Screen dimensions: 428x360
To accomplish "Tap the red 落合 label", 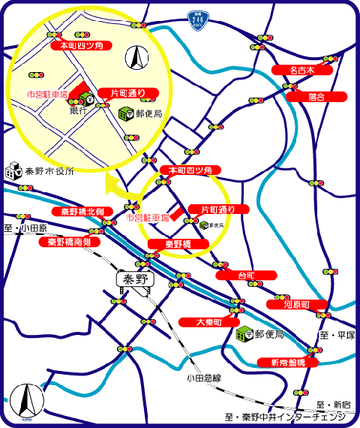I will click(316, 97).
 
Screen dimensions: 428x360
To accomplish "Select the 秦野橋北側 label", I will click(82, 212).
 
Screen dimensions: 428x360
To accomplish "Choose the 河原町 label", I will click(296, 305).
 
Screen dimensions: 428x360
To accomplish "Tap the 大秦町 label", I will click(209, 322).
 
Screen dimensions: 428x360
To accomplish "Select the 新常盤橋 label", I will click(288, 363).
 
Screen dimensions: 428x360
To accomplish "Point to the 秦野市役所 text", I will click(50, 171).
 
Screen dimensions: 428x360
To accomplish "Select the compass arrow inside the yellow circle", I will click(137, 57).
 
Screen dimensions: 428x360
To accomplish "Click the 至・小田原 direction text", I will click(25, 228).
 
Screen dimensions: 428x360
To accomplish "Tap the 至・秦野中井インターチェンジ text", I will click(284, 417).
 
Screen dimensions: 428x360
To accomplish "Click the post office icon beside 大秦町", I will click(243, 334).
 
